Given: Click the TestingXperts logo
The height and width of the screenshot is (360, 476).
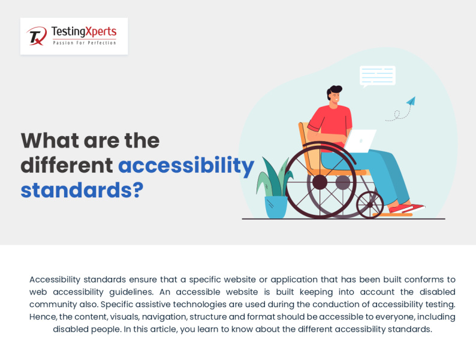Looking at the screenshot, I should (x=73, y=36).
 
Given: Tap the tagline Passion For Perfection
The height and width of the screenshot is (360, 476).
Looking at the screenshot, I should (x=84, y=43).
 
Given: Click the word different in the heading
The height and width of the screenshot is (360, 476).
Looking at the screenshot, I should (x=67, y=165).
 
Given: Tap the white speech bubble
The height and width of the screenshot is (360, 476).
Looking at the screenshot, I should (x=377, y=76).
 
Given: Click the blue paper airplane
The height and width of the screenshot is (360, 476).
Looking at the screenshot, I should (x=411, y=101).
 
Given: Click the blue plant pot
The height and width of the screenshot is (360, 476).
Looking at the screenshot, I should (x=276, y=206).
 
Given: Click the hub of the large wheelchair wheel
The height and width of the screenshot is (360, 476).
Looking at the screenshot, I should (x=320, y=181).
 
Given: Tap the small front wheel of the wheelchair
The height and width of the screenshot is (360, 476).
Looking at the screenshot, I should (x=370, y=205).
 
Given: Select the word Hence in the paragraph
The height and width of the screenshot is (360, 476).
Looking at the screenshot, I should (x=42, y=317).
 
